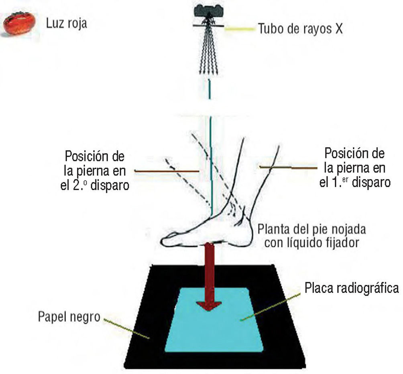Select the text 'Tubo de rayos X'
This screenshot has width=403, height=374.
(x=299, y=29)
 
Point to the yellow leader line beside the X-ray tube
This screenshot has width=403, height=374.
(x=239, y=29)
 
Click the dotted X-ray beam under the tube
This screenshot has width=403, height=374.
(x=208, y=52)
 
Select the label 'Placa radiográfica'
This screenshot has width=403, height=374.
(x=352, y=288)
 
